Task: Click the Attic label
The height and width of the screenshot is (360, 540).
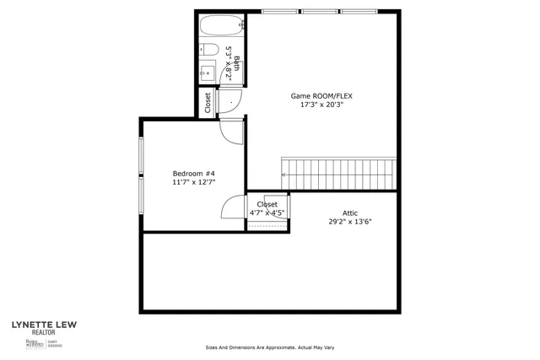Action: point(350,212)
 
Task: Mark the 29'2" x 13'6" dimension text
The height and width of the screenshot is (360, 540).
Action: point(350,222)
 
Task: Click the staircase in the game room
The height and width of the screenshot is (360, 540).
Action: point(337,173)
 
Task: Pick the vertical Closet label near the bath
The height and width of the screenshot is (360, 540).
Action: point(208,102)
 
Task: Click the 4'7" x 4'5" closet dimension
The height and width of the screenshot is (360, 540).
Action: point(267,213)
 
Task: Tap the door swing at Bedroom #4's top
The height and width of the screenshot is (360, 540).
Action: point(230,131)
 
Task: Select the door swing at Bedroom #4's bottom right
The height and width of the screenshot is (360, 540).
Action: point(233,209)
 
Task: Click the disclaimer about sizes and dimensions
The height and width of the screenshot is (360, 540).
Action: point(269,347)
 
